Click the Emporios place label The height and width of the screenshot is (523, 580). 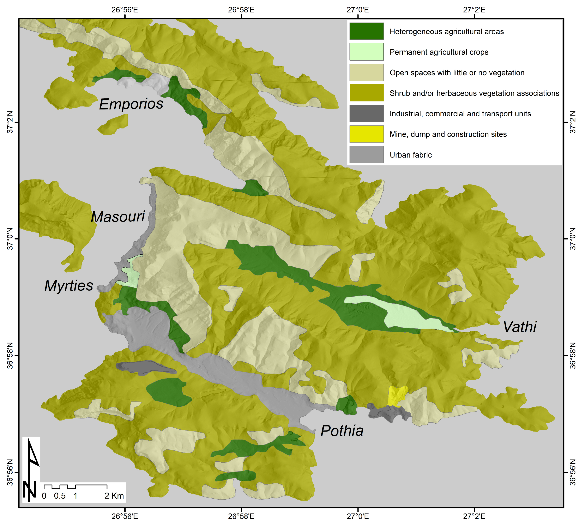(131, 104)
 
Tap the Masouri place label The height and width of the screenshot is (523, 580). (118, 217)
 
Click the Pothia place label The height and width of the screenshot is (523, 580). (342, 431)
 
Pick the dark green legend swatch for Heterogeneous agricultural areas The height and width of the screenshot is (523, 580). (366, 31)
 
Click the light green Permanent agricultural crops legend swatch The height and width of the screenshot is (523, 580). (366, 52)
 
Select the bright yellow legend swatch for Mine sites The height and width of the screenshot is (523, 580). (366, 134)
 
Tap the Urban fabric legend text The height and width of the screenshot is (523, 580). (411, 155)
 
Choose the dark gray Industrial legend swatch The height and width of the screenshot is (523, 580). (366, 113)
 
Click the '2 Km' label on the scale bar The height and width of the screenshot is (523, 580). (114, 496)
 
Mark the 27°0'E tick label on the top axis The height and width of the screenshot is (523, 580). (358, 10)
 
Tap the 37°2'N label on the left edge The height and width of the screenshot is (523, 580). (10, 122)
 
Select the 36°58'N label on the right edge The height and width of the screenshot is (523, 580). (573, 355)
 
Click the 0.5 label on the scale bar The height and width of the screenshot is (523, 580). (60, 496)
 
